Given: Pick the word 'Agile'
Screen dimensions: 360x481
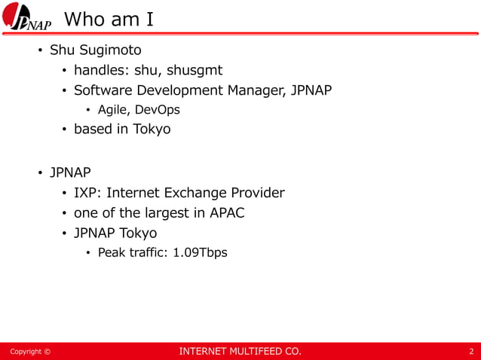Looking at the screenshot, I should [114, 110].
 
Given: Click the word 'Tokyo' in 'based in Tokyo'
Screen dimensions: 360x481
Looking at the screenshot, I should [152, 129].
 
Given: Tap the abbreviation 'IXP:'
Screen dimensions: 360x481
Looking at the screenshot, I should [87, 193].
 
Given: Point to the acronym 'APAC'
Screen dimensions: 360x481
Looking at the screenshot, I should [226, 213].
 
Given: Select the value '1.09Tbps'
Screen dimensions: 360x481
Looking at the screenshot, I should [200, 252].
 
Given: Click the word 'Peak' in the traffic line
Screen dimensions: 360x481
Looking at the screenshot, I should [112, 252].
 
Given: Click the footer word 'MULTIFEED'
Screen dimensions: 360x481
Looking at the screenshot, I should [249, 352].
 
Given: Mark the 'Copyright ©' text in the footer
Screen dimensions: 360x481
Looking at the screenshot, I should [30, 352].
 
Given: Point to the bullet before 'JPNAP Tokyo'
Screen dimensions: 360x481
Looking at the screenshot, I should [65, 233].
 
